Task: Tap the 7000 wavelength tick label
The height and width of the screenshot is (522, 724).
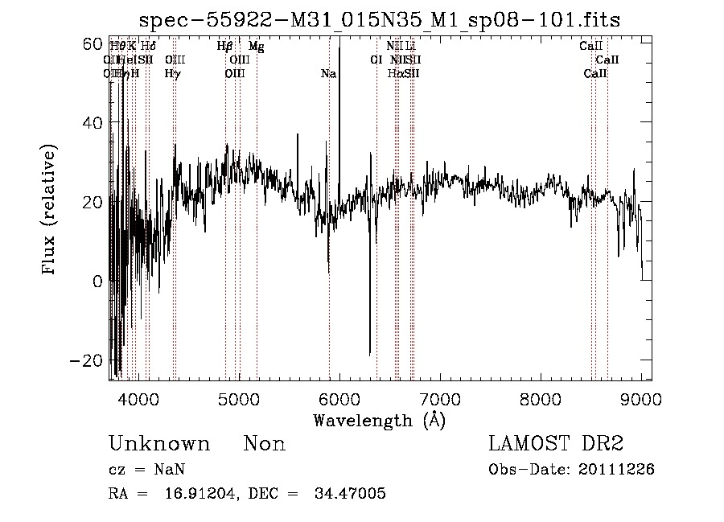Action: [x=440, y=398]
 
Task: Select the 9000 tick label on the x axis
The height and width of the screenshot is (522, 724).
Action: [x=641, y=398]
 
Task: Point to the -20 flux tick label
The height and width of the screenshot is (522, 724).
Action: [x=88, y=360]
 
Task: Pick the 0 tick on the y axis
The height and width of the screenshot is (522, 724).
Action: [x=98, y=282]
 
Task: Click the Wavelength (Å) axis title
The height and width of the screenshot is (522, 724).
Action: [x=379, y=419]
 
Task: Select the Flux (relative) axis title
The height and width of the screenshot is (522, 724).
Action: [x=50, y=210]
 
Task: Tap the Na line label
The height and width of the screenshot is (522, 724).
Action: [x=328, y=74]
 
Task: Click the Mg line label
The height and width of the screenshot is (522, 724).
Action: [x=256, y=47]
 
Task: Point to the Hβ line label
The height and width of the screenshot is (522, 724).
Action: [x=225, y=47]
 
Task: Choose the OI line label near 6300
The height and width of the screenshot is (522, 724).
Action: [x=376, y=60]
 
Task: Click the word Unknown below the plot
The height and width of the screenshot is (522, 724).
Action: [x=159, y=444]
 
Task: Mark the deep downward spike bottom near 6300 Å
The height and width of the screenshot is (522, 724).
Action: [x=370, y=354]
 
